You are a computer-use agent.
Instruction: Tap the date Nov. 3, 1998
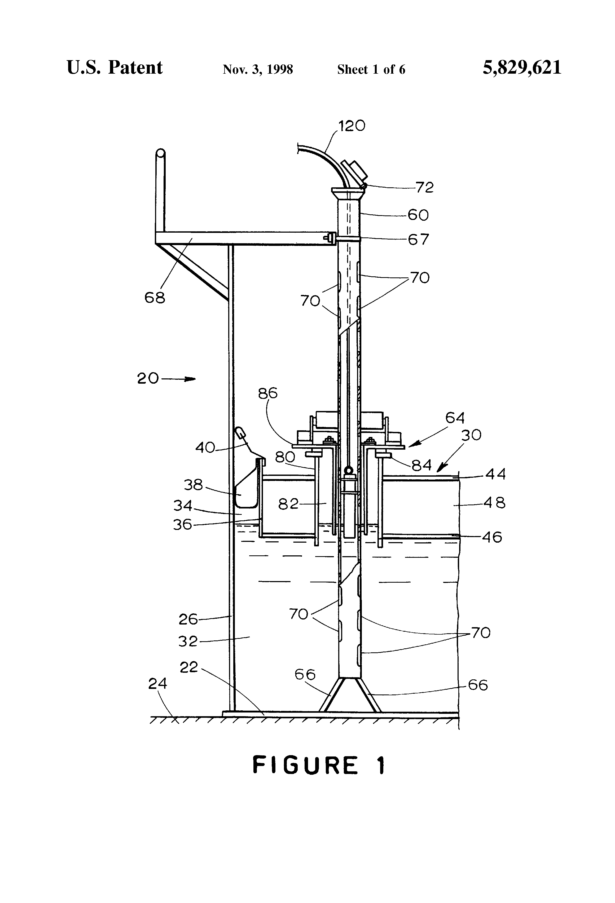click(x=257, y=69)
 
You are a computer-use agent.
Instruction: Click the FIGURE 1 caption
click(x=319, y=766)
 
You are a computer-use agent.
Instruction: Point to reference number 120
click(x=352, y=126)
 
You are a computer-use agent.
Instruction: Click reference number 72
click(x=424, y=188)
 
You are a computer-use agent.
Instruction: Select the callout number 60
click(x=418, y=215)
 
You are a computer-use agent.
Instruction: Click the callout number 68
click(x=155, y=298)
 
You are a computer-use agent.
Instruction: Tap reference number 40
click(x=205, y=448)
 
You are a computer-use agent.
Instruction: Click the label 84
click(x=422, y=465)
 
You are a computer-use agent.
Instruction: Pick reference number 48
click(x=494, y=503)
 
